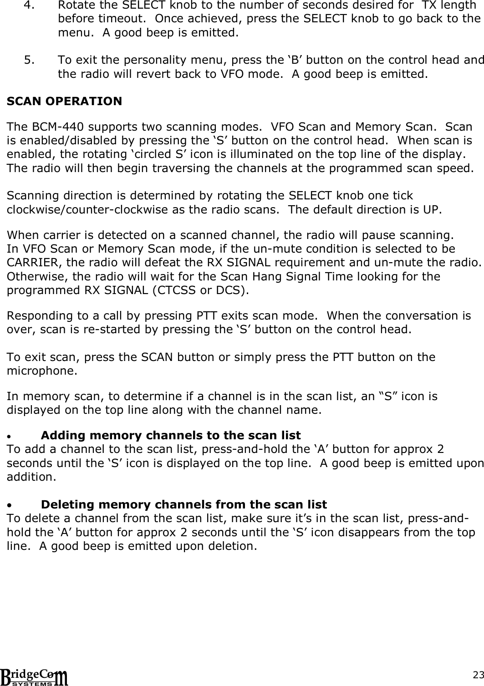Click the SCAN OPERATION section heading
tap(64, 101)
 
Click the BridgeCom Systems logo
tap(35, 676)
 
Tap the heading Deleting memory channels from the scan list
tap(183, 504)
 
